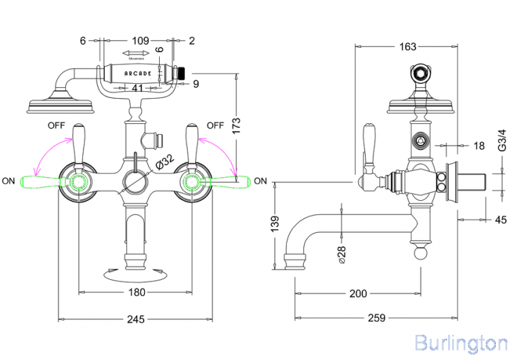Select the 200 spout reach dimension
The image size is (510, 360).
(x=358, y=293)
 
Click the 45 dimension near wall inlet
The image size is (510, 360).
(x=501, y=219)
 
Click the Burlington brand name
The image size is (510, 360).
(x=460, y=342)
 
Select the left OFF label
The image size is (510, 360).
(x=56, y=125)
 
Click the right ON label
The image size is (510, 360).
(x=261, y=180)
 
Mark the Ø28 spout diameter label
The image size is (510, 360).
(x=342, y=252)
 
